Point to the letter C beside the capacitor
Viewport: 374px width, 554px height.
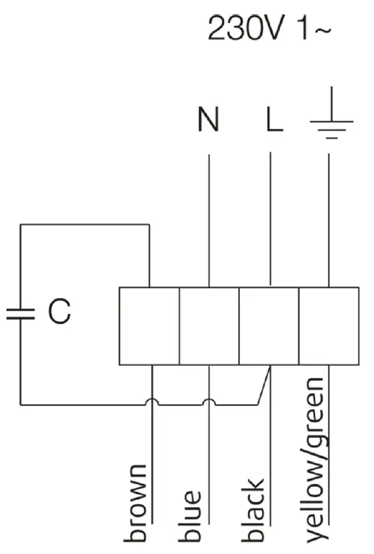[x=59, y=312]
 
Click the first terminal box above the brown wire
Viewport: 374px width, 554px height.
[x=148, y=325]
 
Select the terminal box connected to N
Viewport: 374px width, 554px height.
[x=209, y=325]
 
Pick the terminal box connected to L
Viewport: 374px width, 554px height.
[x=269, y=325]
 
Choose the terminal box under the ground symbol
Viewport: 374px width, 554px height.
[x=329, y=325]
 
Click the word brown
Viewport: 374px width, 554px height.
[x=137, y=504]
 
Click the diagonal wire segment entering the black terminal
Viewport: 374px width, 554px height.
[x=263, y=385]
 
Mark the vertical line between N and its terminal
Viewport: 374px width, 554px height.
[x=209, y=216]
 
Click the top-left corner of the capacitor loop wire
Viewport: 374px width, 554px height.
[x=20, y=225]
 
